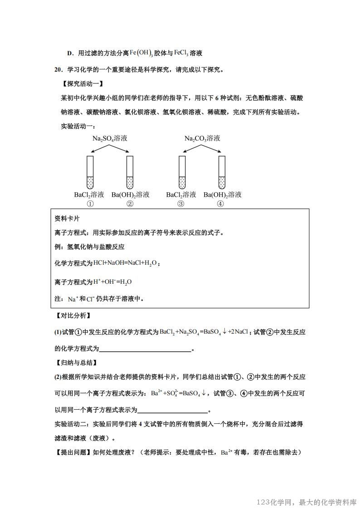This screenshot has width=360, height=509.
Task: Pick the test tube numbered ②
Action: pos(130,173)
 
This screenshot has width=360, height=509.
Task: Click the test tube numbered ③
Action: pos(182,173)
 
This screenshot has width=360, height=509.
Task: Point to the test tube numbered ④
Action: pos(222,173)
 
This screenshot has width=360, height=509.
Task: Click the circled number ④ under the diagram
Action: pos(221,204)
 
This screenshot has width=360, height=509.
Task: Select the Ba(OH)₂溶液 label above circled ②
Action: pos(130,195)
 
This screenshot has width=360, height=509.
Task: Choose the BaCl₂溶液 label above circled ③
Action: pos(181,195)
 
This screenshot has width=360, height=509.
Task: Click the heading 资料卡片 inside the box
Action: pos(67,218)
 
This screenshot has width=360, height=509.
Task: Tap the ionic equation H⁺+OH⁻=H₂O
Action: pos(112,282)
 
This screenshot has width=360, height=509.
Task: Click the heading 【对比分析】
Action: pos(73,315)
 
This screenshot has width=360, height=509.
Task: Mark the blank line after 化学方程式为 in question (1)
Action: pos(145,349)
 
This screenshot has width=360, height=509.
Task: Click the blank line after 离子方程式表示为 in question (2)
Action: pos(172,411)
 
